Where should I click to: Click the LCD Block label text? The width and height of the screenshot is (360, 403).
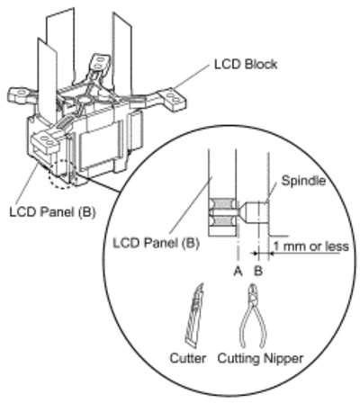246,65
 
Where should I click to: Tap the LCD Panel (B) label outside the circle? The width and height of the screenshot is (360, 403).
52,212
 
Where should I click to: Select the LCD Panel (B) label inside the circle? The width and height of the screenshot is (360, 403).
156,243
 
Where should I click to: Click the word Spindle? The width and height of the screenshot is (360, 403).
303,181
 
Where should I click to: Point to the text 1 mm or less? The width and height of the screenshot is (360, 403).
311,246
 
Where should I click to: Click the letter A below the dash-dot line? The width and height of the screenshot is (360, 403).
238,271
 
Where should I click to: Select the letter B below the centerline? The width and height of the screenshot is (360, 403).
258,271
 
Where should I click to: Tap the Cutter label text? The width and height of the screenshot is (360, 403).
188,358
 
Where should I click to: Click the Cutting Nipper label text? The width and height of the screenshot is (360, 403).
260,359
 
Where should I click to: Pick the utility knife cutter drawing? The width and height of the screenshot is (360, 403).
193,315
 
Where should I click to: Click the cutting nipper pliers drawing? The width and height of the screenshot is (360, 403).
253,317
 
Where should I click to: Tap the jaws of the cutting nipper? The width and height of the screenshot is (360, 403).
253,293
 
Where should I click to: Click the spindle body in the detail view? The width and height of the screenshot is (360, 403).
254,213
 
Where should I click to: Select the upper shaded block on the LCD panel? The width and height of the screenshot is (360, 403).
222,203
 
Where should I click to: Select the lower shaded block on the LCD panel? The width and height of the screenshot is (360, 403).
222,221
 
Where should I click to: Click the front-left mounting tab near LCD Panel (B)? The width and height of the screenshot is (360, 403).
46,141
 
